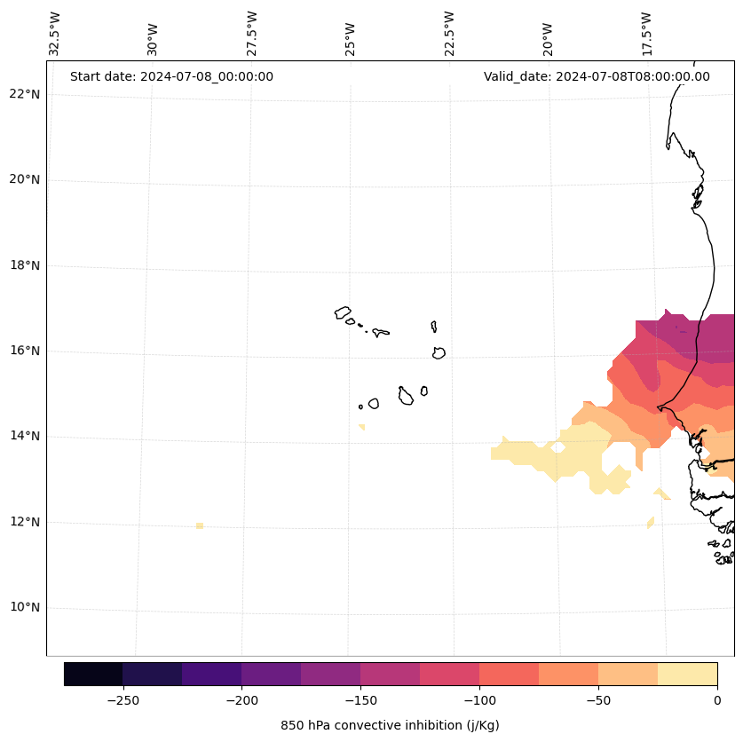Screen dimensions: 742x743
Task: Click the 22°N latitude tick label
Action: (24, 95)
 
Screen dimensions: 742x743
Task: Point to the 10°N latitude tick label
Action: (24, 608)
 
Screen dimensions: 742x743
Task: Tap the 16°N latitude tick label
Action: (24, 351)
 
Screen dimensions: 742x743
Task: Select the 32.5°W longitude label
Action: (55, 34)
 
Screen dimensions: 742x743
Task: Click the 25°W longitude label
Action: (351, 38)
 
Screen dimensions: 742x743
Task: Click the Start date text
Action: (171, 76)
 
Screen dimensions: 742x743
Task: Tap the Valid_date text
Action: (597, 76)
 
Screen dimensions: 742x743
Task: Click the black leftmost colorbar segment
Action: (93, 674)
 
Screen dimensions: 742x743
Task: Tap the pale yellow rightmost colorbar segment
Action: (687, 674)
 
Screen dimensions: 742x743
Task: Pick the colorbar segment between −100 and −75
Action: (509, 674)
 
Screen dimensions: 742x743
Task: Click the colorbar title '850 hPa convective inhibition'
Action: (390, 725)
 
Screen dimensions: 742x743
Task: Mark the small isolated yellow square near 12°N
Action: (200, 525)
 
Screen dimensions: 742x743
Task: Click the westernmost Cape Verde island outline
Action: (343, 312)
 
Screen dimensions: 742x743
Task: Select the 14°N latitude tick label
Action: (24, 437)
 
